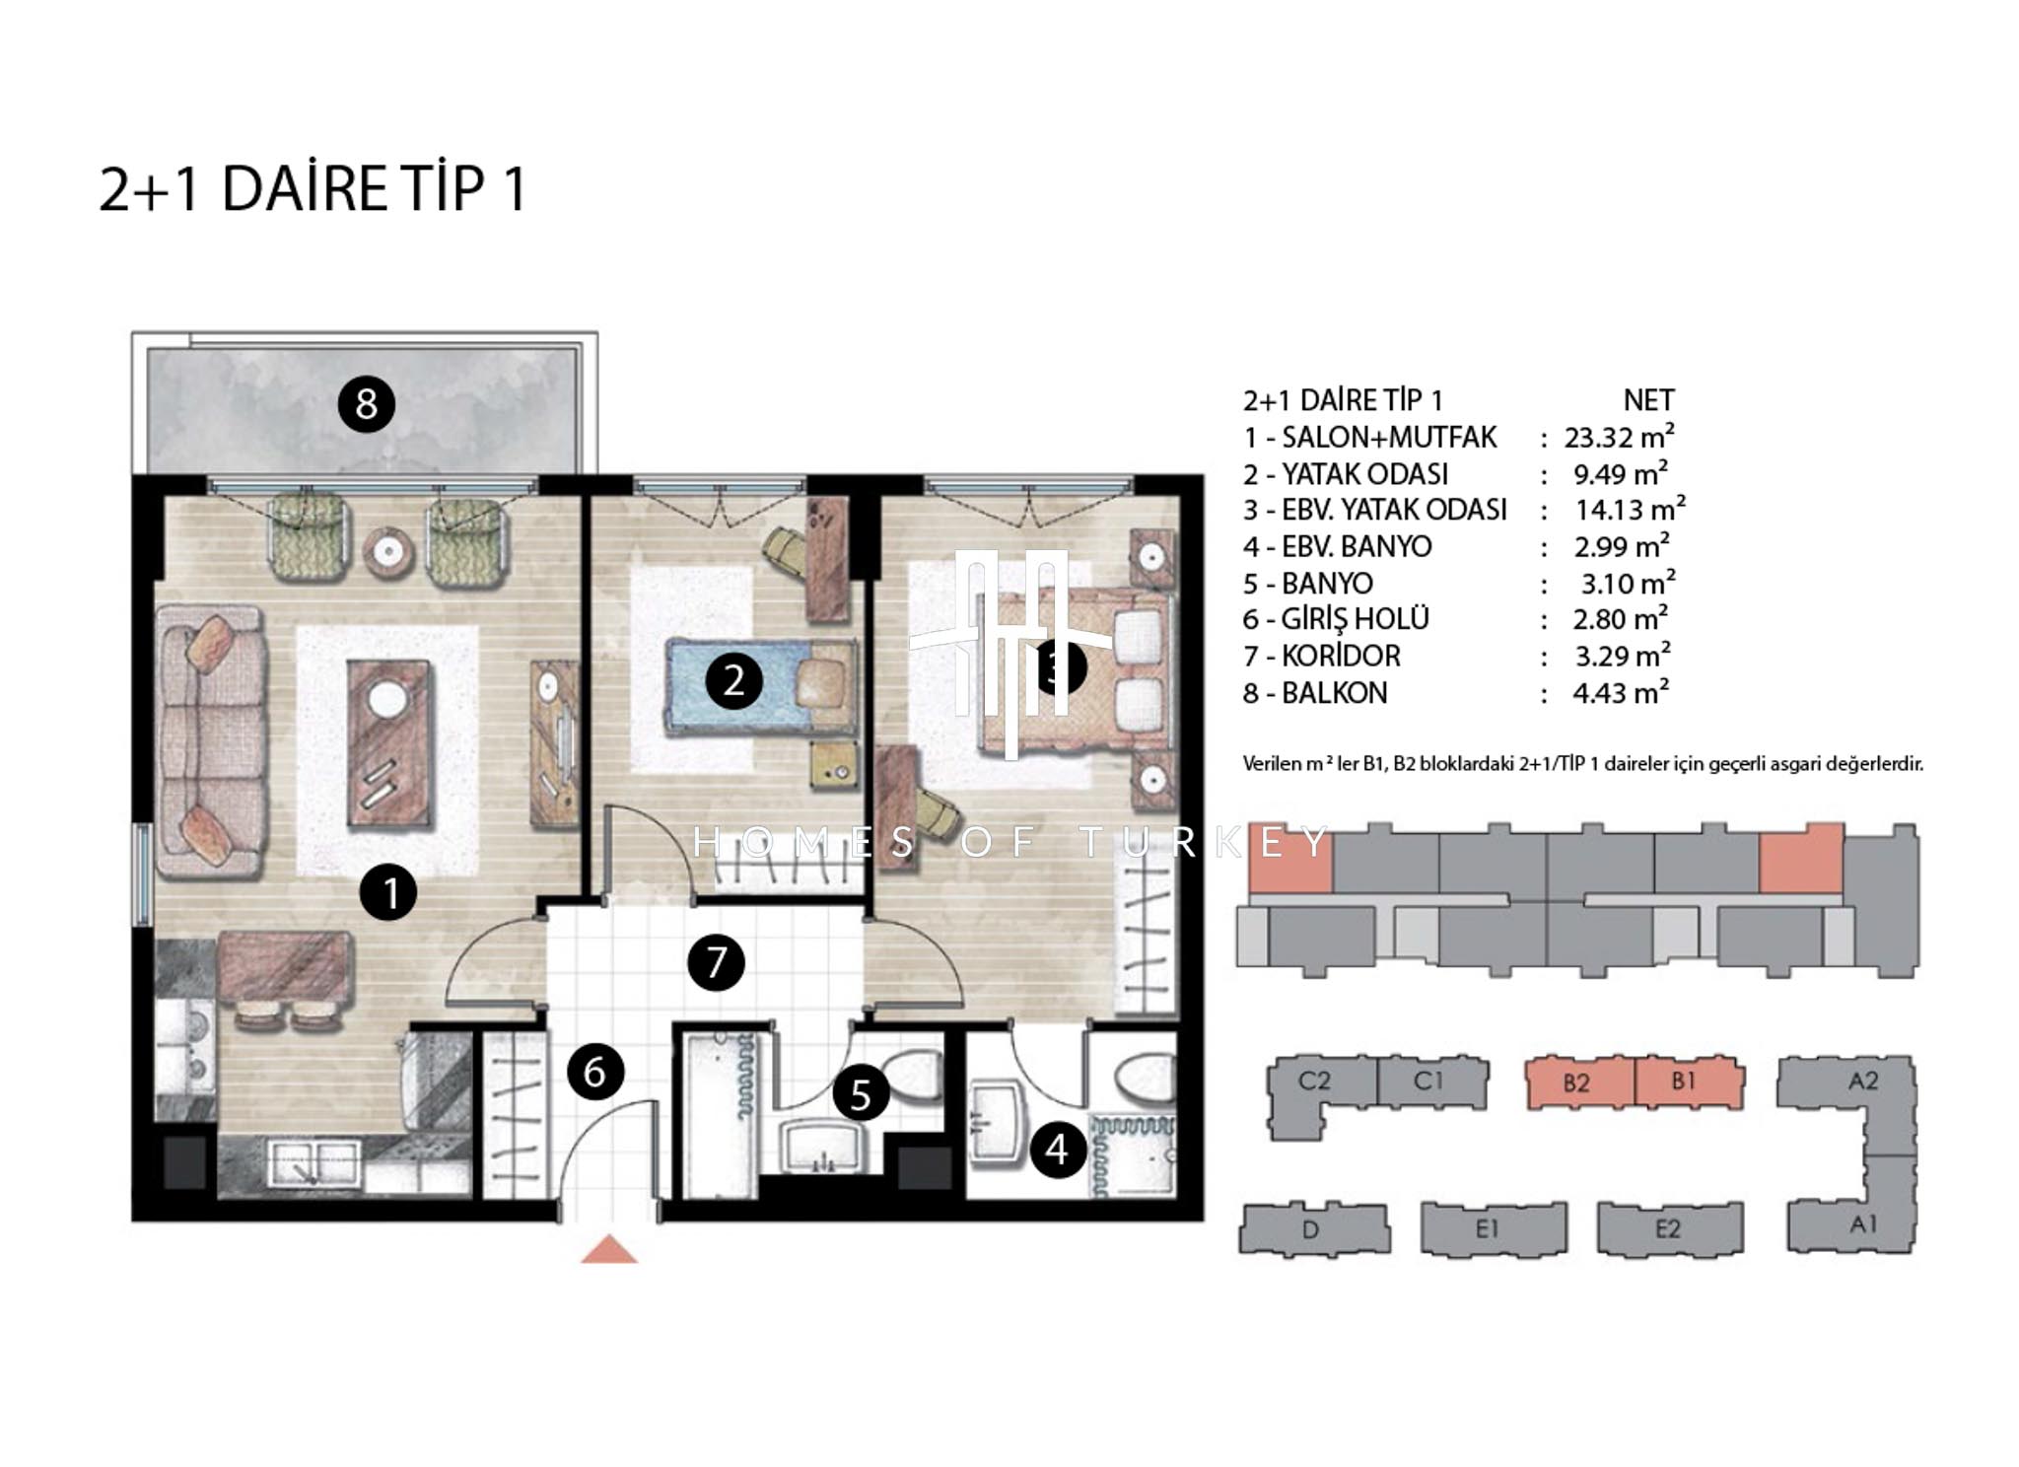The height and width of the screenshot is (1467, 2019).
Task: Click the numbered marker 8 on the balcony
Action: click(x=367, y=403)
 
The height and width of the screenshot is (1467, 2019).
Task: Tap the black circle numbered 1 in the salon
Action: click(x=388, y=892)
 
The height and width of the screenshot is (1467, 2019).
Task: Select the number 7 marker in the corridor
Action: click(x=716, y=961)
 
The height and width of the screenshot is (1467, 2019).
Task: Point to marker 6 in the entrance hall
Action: click(x=594, y=1071)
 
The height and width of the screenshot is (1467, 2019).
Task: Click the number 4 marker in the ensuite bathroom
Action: click(x=1058, y=1149)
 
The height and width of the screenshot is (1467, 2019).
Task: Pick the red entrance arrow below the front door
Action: click(x=609, y=1248)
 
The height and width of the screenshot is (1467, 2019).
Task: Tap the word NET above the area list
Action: click(x=1648, y=400)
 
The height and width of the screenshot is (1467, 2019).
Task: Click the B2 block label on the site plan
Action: click(x=1576, y=1083)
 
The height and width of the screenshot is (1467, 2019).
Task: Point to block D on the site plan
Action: click(x=1313, y=1229)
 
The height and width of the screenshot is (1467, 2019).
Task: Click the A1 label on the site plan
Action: click(x=1863, y=1224)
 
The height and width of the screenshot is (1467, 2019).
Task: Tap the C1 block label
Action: click(x=1428, y=1081)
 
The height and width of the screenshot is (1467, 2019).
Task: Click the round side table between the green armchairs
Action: click(x=387, y=550)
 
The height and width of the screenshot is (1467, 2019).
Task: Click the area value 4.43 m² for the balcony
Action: click(x=1621, y=692)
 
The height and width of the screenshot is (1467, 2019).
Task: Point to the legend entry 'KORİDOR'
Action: click(x=1341, y=656)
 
